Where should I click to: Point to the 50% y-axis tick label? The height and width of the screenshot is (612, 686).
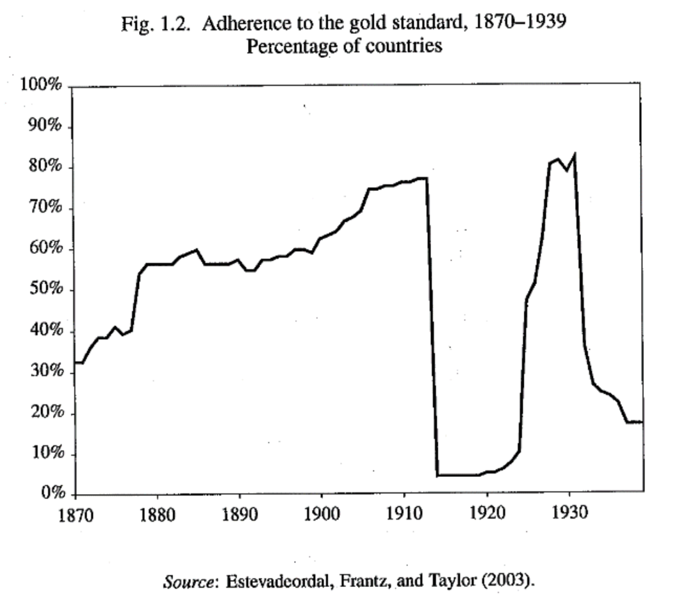tap(44, 290)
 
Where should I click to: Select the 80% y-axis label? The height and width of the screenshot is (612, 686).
tap(44, 167)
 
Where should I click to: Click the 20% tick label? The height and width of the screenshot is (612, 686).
tap(44, 413)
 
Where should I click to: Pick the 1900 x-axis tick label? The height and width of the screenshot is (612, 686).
tap(322, 514)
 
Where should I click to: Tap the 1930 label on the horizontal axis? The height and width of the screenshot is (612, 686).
tap(569, 514)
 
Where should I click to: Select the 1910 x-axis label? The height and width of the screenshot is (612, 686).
tap(404, 514)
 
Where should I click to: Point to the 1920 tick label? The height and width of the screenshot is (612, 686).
tap(487, 514)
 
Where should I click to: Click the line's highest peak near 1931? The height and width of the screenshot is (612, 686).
tap(575, 154)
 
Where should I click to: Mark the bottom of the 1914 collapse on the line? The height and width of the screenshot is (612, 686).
tap(437, 475)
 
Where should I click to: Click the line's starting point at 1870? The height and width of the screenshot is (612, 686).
tap(76, 363)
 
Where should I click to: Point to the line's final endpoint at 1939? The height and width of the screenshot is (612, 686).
tap(642, 422)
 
